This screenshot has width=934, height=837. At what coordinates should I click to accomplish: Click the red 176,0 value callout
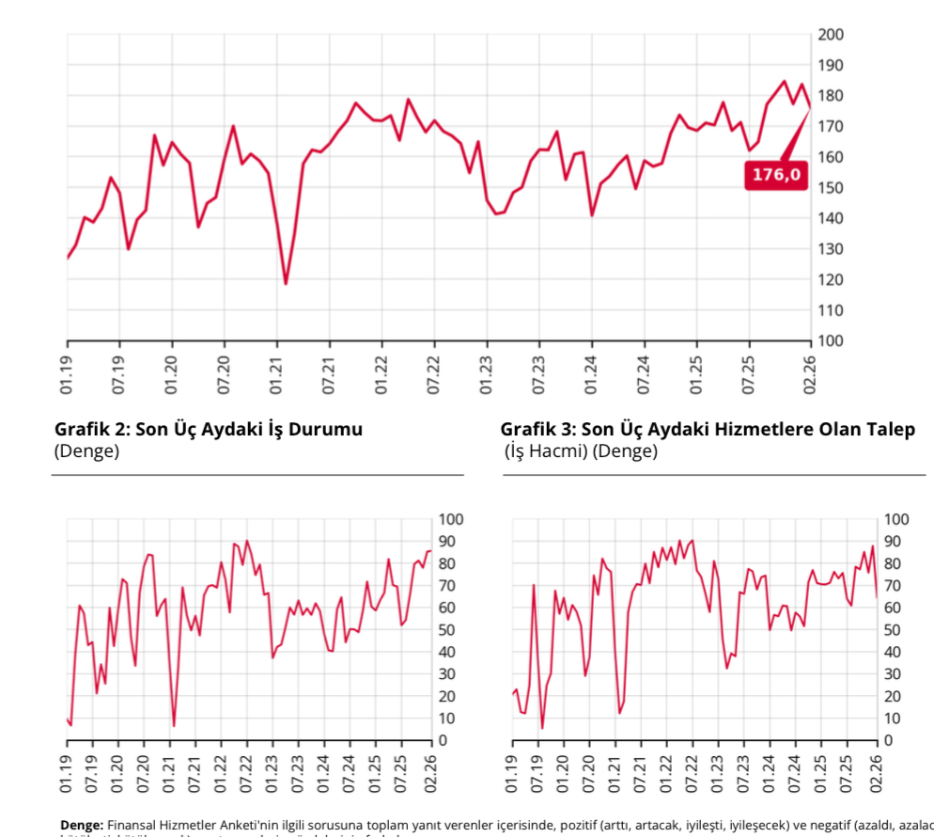tap(776, 174)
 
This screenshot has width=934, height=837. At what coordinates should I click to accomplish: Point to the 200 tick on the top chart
tap(832, 35)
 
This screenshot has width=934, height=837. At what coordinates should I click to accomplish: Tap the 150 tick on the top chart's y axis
tap(832, 188)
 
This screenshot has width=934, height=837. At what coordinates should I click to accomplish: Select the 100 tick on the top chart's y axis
tap(832, 340)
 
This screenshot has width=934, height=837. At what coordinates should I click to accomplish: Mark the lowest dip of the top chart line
tap(286, 283)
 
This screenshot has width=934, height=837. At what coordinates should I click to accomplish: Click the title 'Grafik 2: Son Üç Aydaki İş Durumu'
tap(209, 430)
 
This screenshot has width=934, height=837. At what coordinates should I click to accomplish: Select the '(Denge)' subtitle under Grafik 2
tap(86, 451)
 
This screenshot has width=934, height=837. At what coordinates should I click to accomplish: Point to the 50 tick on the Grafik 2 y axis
tap(448, 630)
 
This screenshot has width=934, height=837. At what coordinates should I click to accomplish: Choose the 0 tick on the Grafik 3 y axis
tap(889, 740)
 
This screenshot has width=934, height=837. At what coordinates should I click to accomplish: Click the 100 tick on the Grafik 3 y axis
tap(896, 519)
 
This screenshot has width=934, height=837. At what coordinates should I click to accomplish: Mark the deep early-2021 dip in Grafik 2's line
tap(174, 725)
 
